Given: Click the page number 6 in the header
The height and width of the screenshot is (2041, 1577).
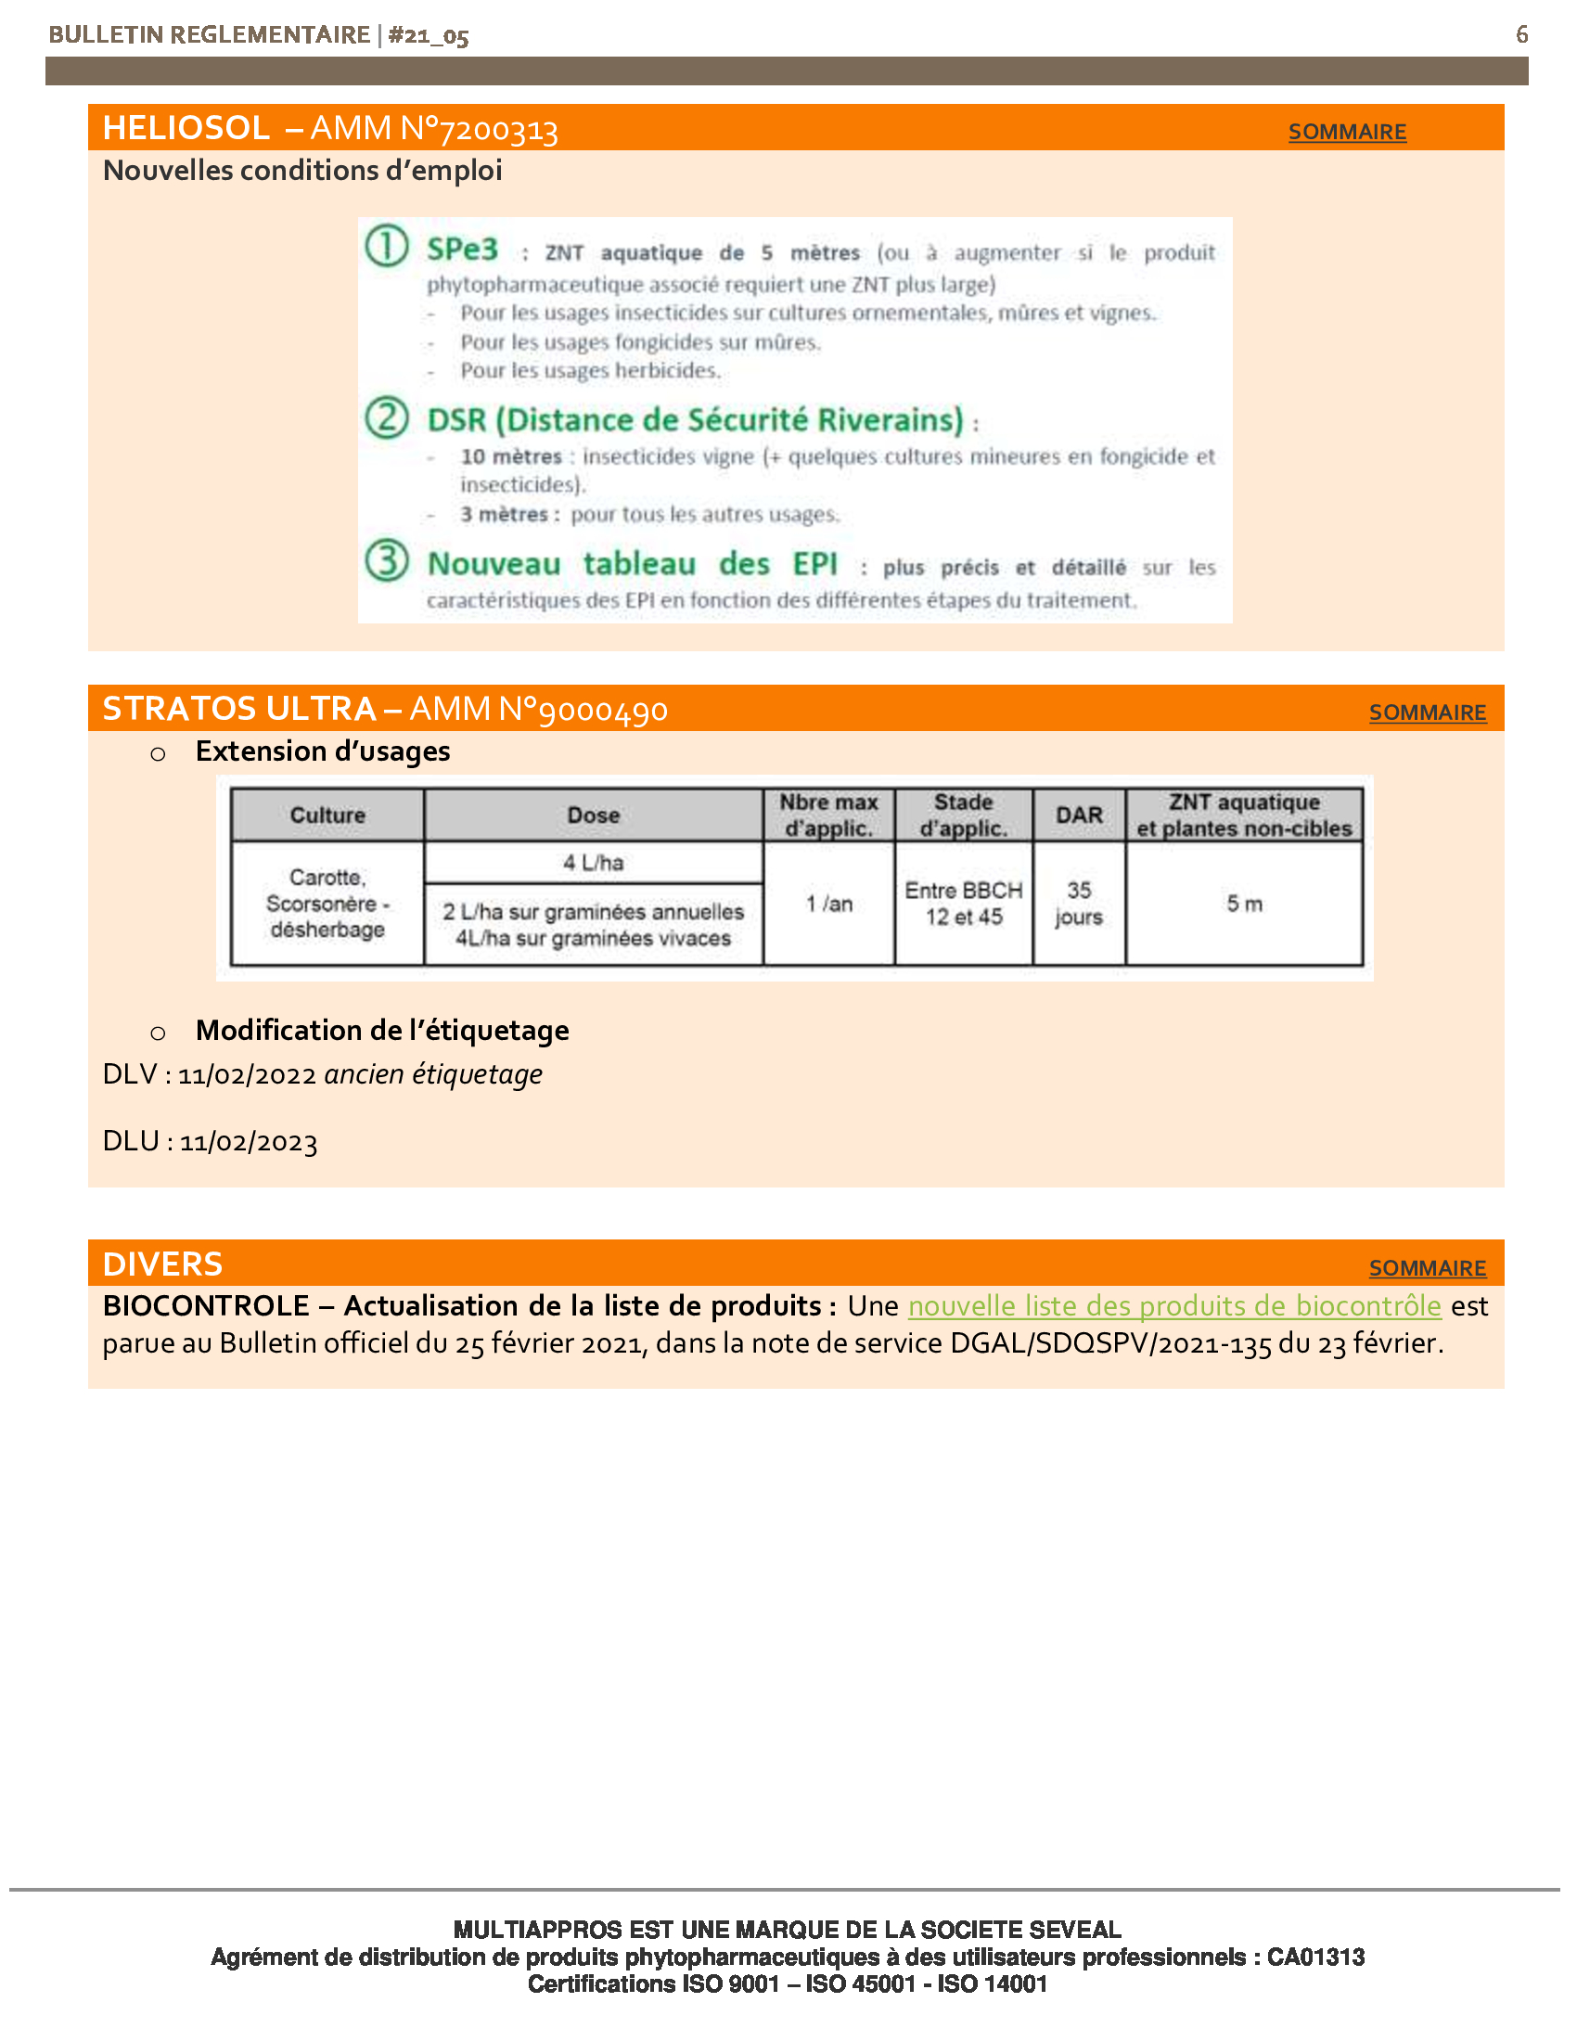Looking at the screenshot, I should (x=1521, y=34).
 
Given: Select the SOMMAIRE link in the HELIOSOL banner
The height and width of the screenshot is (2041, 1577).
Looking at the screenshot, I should (x=1346, y=132).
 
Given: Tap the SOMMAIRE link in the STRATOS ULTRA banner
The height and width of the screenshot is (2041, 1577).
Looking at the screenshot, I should (x=1427, y=712).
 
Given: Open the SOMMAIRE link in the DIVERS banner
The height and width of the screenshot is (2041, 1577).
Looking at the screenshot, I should (x=1427, y=1268).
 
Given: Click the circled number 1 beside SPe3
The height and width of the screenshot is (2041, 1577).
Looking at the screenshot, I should (x=386, y=246).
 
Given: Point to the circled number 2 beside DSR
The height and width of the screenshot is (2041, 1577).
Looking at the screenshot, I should (x=386, y=417).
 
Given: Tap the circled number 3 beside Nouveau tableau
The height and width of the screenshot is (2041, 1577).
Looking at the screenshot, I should (x=386, y=560).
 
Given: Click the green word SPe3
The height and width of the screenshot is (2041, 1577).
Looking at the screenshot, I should (x=462, y=250).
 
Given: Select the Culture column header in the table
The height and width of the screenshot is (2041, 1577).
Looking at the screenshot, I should (x=327, y=815).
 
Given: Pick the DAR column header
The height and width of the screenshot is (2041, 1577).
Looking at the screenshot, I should (x=1078, y=815).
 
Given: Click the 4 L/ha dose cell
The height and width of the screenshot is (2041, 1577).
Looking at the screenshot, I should (x=594, y=863).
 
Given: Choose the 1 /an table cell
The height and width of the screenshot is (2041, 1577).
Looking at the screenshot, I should (x=828, y=904).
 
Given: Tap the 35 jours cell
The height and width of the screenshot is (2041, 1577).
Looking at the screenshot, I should (x=1078, y=904).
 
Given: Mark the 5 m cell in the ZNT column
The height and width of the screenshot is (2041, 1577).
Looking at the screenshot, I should (x=1243, y=904).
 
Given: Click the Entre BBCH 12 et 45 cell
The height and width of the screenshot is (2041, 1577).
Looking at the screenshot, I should (x=963, y=904).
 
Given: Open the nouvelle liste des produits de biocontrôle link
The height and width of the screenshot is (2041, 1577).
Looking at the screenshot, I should (x=1173, y=1305).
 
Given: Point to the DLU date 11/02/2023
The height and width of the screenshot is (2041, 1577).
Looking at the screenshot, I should (x=249, y=1142).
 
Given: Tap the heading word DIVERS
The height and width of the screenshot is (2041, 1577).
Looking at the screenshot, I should (x=162, y=1264).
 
